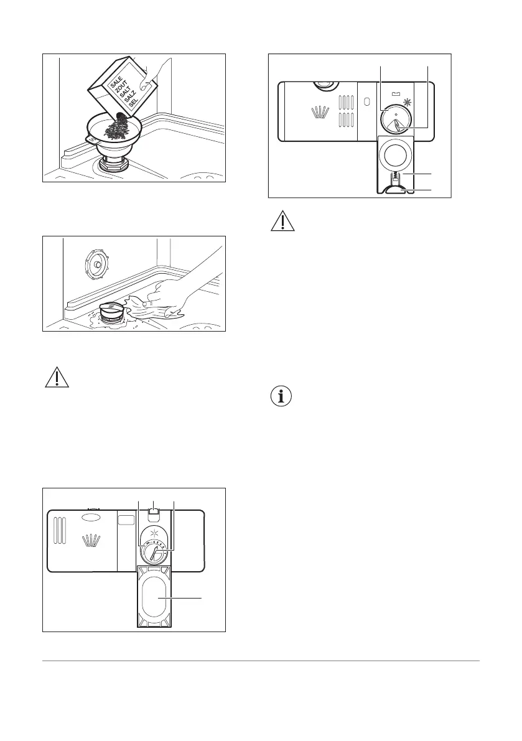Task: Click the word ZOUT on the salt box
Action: [x=119, y=88]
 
